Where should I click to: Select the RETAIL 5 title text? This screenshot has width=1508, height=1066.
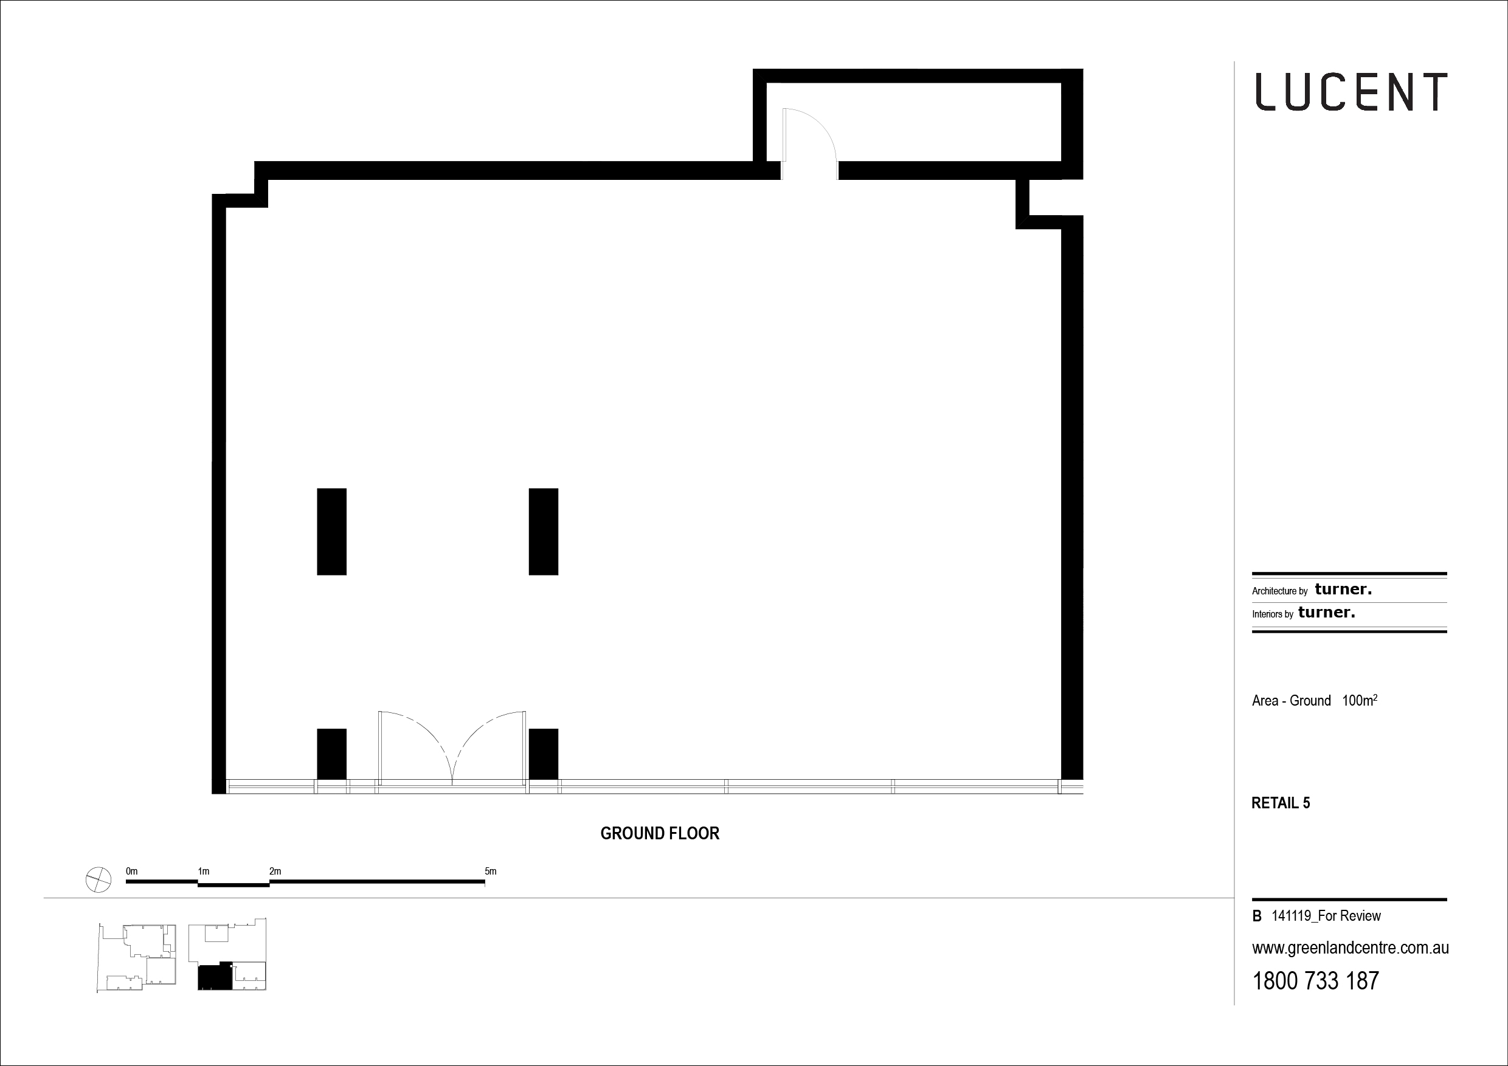(x=1280, y=803)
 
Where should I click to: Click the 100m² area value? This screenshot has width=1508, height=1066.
(x=1359, y=700)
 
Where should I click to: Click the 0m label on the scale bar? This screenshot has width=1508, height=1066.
(x=131, y=872)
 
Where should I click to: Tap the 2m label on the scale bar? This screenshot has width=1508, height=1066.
(x=275, y=872)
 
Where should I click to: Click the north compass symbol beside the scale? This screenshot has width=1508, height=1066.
(x=99, y=879)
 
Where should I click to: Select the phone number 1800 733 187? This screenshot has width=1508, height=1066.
(x=1316, y=981)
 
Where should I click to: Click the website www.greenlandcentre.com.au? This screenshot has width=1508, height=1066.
(x=1351, y=949)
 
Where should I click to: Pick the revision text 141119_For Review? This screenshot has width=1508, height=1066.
(x=1326, y=916)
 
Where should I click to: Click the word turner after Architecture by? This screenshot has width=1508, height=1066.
(x=1343, y=590)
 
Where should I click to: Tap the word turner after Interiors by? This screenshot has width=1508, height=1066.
(x=1327, y=613)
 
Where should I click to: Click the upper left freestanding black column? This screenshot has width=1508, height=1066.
(x=331, y=532)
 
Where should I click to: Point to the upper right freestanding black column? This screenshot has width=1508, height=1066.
(x=543, y=532)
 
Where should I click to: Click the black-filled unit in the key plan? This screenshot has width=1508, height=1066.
(x=215, y=977)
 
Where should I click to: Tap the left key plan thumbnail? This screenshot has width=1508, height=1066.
(x=137, y=957)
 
